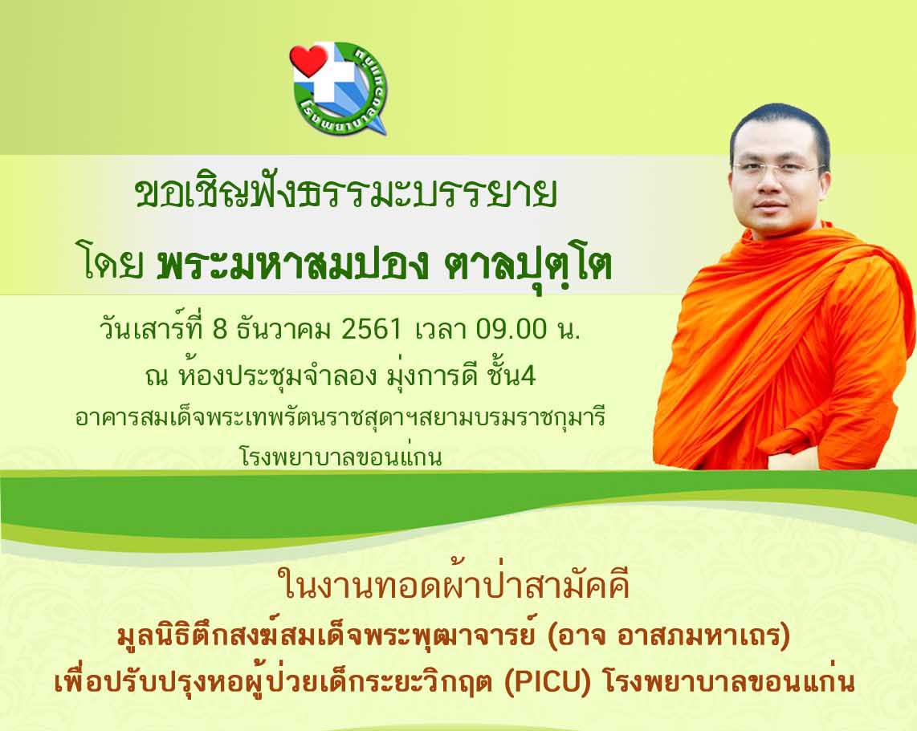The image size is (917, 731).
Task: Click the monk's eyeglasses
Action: [x=778, y=169]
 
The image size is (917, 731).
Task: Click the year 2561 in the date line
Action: [x=371, y=330]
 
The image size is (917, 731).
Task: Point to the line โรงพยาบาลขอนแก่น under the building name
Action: [x=341, y=457]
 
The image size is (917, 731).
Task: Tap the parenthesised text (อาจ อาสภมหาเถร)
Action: [x=669, y=636]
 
